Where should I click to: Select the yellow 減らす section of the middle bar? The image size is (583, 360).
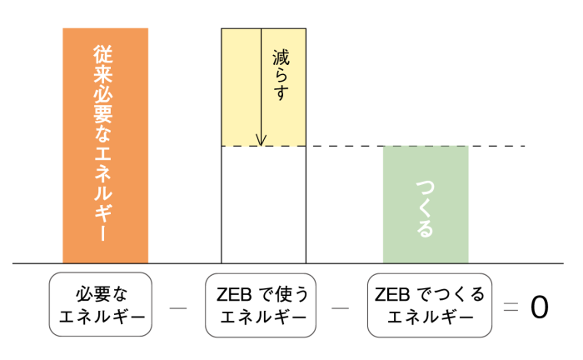tap(242, 87)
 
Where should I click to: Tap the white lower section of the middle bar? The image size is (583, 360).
tap(263, 204)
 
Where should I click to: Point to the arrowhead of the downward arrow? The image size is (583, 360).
tap(262, 141)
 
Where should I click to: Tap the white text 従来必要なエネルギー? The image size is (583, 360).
tap(105, 145)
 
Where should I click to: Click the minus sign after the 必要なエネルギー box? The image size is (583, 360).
tap(177, 307)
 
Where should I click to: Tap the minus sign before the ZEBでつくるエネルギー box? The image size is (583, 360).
tap(340, 307)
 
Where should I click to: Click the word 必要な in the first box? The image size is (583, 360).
tap(101, 294)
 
